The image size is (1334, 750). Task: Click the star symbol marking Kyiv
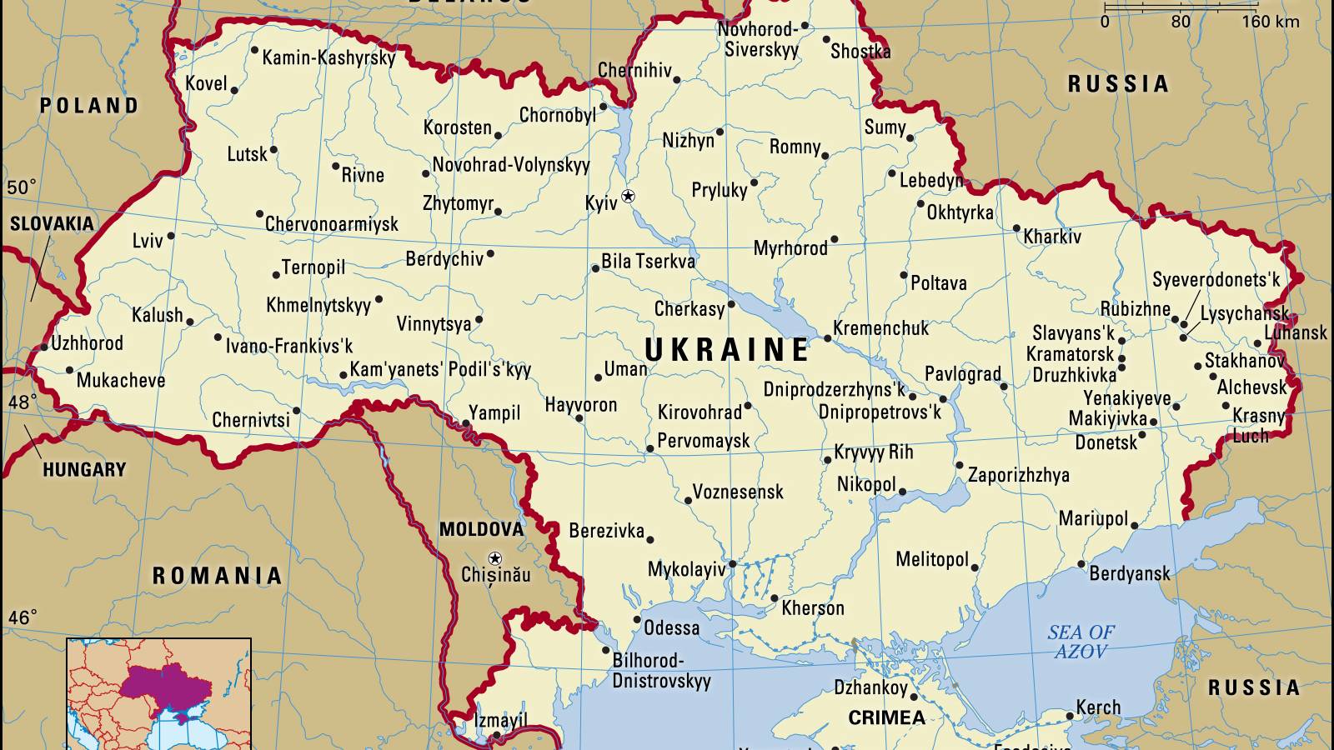click(x=629, y=196)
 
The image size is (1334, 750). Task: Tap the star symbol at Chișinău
click(x=495, y=558)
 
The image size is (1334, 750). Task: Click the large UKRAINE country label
click(x=727, y=350)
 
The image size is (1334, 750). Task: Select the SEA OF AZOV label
click(x=1081, y=642)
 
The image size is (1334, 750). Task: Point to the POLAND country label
click(x=89, y=106)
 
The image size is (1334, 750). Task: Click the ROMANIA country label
click(x=217, y=576)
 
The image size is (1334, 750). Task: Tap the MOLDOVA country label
click(x=481, y=529)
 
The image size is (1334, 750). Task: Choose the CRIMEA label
click(x=886, y=717)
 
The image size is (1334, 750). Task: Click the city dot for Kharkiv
click(x=1016, y=228)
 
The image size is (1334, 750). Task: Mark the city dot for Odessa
click(x=637, y=620)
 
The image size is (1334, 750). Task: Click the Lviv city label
click(x=148, y=241)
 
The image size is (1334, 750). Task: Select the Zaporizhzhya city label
click(x=1018, y=475)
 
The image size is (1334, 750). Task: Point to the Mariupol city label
click(x=1093, y=518)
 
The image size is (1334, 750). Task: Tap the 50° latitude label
click(x=22, y=187)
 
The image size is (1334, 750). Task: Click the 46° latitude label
click(x=23, y=617)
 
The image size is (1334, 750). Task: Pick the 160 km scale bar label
click(x=1271, y=22)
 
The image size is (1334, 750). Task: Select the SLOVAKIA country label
click(x=52, y=223)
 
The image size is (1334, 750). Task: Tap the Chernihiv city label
click(x=634, y=70)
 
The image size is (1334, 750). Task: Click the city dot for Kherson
click(x=774, y=598)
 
